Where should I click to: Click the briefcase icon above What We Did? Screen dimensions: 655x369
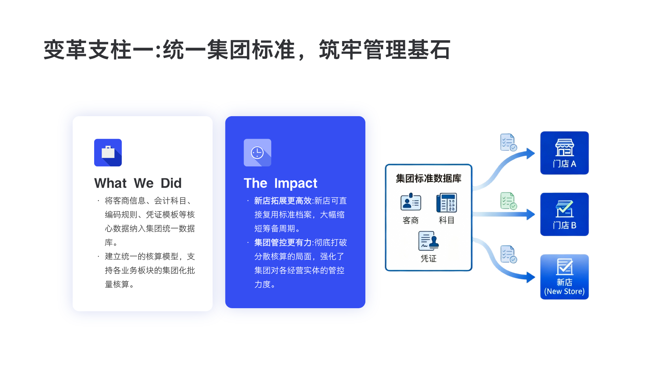coord(108,152)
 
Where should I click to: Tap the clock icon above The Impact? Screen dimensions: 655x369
coord(257,152)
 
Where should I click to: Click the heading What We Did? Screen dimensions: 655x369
coord(138,183)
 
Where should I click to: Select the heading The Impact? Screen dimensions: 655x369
coord(280,183)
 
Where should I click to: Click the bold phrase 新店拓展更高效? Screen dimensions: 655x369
coord(283,201)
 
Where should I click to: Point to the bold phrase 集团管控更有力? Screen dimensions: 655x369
coord(283,243)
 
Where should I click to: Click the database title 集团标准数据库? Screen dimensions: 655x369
coord(428,178)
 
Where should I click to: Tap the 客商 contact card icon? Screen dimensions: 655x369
coord(411,202)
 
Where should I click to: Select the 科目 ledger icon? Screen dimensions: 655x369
coord(447,203)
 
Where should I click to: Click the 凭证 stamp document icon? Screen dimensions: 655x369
coord(428,241)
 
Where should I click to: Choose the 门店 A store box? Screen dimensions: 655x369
coord(565,153)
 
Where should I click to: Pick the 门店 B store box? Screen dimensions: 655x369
coord(565,214)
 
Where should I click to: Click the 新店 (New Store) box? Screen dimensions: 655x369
coord(565,277)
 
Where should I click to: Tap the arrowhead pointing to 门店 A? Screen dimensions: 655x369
coord(530,153)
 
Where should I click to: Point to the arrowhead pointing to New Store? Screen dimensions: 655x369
coord(530,277)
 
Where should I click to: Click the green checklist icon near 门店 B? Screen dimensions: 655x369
coord(509,201)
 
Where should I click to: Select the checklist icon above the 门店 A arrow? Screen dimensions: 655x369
coord(509,142)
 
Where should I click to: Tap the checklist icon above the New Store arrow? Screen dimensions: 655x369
coord(509,254)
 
